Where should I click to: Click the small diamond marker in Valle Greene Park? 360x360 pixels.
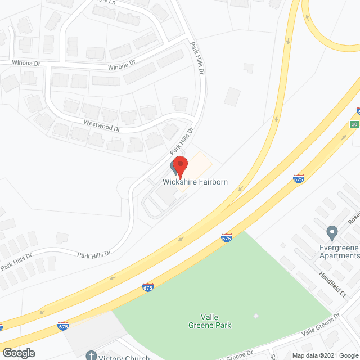click(256, 316)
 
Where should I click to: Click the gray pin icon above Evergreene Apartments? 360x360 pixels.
click(332, 232)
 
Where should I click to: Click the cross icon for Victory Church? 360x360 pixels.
click(92, 355)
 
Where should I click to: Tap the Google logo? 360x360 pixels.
click(18, 353)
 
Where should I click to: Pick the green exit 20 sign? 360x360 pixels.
click(354, 124)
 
